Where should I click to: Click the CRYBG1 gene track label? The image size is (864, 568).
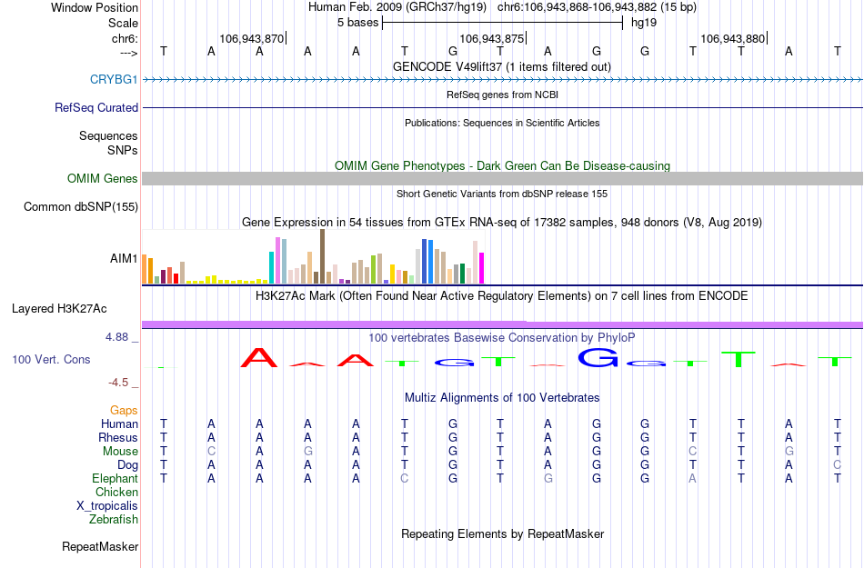click(x=114, y=80)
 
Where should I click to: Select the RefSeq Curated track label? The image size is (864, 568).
click(x=96, y=107)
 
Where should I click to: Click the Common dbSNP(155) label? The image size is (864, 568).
click(x=81, y=207)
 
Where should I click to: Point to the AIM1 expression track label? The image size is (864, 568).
click(x=124, y=259)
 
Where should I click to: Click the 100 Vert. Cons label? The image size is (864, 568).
click(x=51, y=360)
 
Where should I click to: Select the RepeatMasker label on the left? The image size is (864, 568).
click(x=100, y=547)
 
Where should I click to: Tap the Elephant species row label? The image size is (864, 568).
click(x=115, y=479)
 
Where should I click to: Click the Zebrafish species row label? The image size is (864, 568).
click(x=114, y=520)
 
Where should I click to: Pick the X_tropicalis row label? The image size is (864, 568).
click(x=107, y=506)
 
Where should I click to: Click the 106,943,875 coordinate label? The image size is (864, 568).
click(x=492, y=39)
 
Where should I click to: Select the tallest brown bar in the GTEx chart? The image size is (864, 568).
click(x=322, y=256)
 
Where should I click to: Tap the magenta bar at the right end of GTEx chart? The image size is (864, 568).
click(x=481, y=268)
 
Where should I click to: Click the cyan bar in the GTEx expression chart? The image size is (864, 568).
click(x=272, y=267)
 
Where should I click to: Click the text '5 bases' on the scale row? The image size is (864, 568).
click(x=355, y=23)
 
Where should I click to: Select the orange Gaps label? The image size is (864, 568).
click(x=125, y=411)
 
